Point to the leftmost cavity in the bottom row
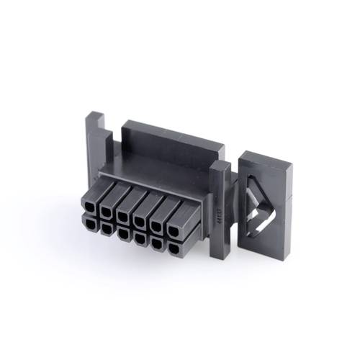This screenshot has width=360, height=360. tap(89, 222)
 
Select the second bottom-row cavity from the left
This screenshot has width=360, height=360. tap(106, 228)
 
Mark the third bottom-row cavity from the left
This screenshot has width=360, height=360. tap(123, 233)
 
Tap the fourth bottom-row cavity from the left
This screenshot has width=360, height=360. tap(140, 238)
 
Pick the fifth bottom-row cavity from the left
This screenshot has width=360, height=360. tap(157, 244)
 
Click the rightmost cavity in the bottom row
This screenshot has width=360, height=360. tap(175, 249)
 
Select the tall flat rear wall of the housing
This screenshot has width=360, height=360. tap(169, 148)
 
